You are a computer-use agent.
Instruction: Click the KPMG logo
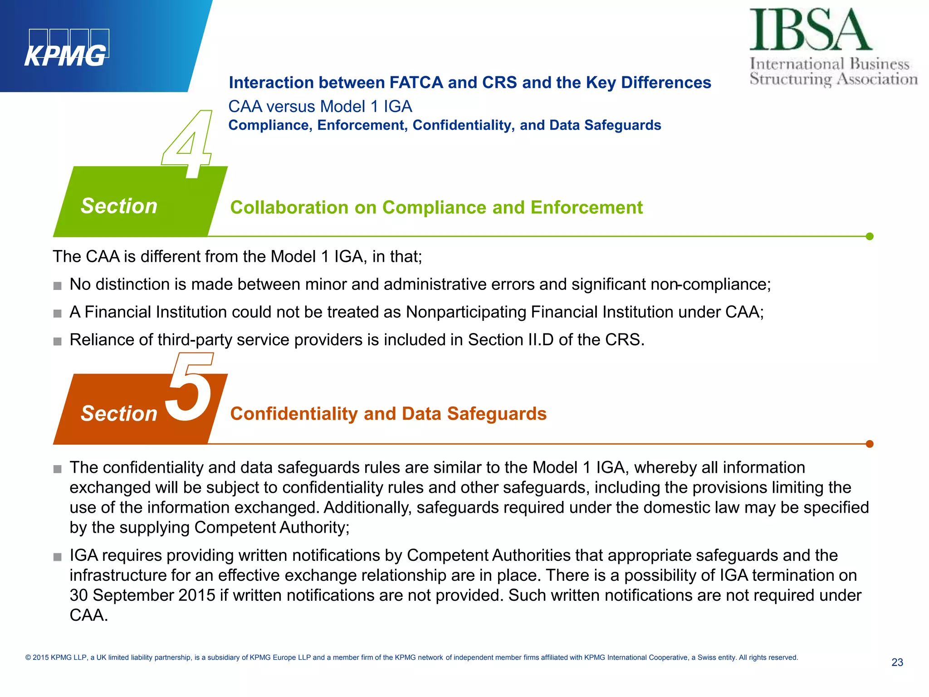[67, 49]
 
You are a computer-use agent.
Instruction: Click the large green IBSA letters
[810, 30]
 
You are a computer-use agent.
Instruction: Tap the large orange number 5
[190, 388]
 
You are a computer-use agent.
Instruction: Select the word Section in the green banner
[119, 206]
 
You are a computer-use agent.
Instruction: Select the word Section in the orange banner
[119, 413]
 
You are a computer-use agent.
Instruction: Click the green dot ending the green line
[870, 236]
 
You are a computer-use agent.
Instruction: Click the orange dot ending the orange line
[870, 444]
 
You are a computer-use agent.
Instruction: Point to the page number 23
[897, 663]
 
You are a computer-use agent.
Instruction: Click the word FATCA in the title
[416, 83]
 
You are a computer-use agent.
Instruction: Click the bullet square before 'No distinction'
[57, 286]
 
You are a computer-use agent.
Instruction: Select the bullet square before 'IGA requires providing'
[57, 557]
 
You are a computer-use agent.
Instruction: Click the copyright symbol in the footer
[28, 658]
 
